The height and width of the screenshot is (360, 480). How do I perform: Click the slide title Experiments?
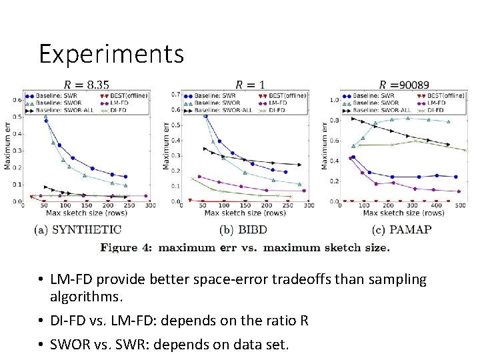coord(111,54)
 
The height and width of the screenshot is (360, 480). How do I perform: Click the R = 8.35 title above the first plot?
coord(87,85)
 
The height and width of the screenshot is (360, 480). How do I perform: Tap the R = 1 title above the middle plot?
coord(250,85)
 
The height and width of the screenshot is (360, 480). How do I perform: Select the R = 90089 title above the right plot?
coord(404,85)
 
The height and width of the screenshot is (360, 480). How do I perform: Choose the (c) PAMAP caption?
coord(402,230)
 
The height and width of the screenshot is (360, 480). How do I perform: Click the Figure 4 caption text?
coord(245,247)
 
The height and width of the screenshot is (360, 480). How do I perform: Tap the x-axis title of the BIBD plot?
coord(246,213)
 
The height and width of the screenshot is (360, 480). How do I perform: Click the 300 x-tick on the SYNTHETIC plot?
coord(150,205)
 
